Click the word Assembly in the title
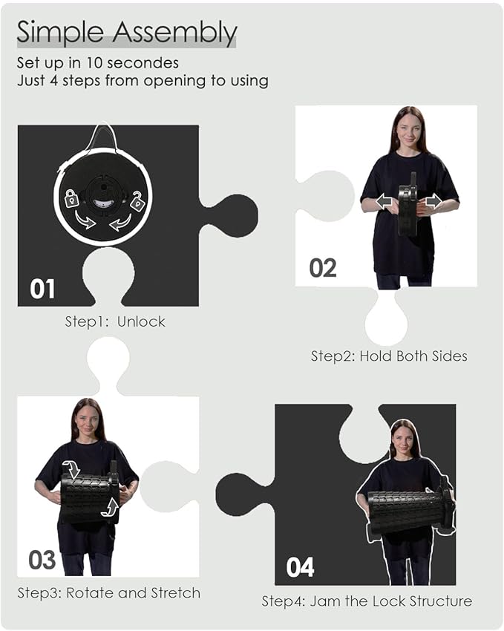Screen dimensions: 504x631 click(x=174, y=32)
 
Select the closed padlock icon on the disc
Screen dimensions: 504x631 click(x=71, y=198)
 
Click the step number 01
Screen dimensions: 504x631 click(x=42, y=289)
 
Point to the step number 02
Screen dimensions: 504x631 click(x=323, y=268)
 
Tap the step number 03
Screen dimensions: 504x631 click(x=42, y=560)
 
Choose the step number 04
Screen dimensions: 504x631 click(x=300, y=567)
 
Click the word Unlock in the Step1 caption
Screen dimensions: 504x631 click(x=141, y=321)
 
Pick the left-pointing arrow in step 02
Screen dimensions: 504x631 click(x=385, y=201)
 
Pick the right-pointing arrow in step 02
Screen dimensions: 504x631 click(x=433, y=201)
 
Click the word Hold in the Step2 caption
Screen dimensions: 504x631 click(x=376, y=356)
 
